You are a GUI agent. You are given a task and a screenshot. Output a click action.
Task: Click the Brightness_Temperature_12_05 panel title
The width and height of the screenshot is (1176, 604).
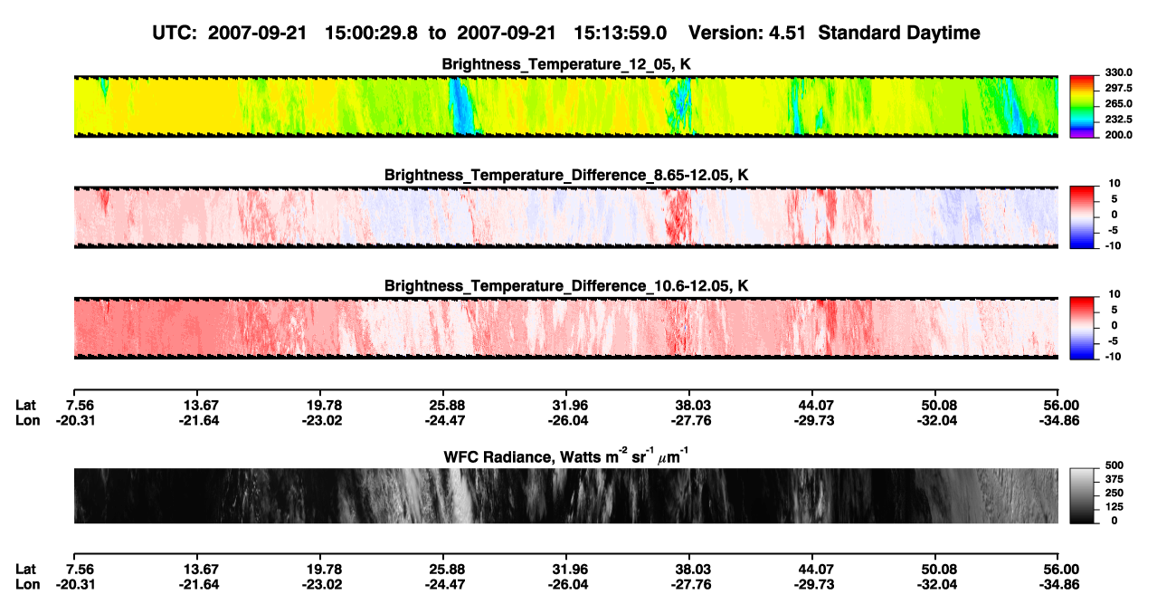tap(565, 64)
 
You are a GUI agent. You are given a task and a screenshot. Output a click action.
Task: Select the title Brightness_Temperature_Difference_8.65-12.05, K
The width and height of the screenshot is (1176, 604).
tap(566, 175)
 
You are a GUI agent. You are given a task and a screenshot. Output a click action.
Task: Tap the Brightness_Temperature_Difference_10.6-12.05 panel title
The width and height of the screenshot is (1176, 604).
tap(566, 286)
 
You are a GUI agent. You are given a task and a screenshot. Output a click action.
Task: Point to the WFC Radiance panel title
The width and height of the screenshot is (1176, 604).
tap(566, 455)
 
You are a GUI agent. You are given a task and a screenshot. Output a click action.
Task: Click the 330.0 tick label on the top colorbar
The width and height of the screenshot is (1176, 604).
tap(1118, 72)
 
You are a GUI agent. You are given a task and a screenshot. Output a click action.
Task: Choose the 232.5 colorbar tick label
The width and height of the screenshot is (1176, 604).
tap(1118, 120)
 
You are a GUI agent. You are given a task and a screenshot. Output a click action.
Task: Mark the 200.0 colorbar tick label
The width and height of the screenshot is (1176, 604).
tap(1118, 135)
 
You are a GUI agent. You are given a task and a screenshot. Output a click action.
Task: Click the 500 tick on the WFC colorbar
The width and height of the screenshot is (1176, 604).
tap(1114, 465)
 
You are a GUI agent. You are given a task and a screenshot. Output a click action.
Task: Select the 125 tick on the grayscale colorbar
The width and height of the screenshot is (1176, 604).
tap(1114, 507)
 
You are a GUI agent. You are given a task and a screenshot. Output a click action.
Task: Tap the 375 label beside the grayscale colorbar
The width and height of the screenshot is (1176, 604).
tap(1114, 479)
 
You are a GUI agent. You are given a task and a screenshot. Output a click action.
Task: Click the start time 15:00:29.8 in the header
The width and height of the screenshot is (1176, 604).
tap(371, 34)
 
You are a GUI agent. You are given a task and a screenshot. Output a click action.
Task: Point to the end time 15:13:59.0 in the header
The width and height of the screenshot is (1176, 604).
tap(620, 34)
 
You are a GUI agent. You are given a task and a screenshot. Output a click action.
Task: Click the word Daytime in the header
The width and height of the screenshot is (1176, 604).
tap(944, 34)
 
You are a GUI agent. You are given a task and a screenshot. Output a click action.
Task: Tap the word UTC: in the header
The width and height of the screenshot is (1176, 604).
tap(175, 34)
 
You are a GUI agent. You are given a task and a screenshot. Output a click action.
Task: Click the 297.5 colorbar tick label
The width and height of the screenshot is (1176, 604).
tap(1118, 89)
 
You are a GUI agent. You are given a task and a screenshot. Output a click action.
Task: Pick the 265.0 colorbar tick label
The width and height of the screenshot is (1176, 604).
tap(1118, 103)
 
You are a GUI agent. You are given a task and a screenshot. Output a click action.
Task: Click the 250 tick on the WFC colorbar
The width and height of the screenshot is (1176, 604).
tap(1114, 494)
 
